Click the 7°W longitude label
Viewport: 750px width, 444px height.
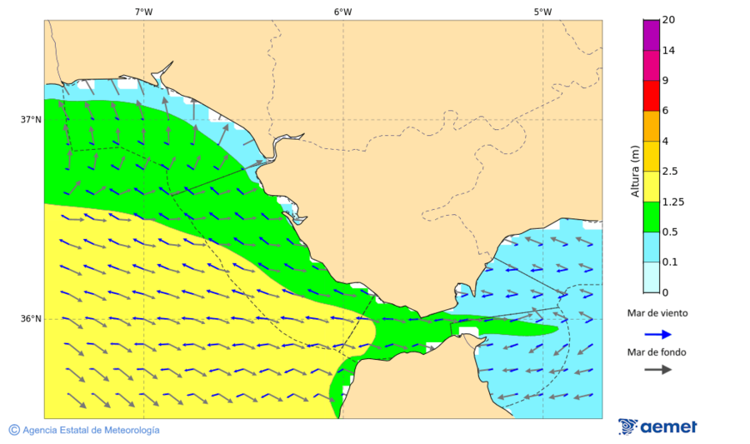point(143,12)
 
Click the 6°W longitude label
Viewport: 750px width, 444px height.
point(342,12)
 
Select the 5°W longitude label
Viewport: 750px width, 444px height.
point(542,12)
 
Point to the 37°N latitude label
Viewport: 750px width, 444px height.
point(31,119)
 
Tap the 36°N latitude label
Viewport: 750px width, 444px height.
point(31,319)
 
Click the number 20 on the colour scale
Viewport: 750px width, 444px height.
point(668,20)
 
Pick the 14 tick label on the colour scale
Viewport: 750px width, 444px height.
point(668,50)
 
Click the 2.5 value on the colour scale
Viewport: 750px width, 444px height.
point(670,171)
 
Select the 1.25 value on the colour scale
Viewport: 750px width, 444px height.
point(672,202)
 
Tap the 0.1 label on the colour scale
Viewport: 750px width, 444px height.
point(670,262)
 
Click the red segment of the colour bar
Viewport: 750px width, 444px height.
point(651,95)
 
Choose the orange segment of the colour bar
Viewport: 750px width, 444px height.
point(651,125)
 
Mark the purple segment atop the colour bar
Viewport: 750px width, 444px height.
point(651,35)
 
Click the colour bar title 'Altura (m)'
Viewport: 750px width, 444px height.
point(635,171)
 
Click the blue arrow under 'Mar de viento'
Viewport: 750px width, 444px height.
point(657,334)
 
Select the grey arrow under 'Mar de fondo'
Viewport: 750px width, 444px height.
point(657,369)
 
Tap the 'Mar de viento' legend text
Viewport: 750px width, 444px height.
point(657,313)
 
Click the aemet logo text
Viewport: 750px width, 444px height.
point(668,427)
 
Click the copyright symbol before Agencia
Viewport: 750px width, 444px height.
point(14,430)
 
